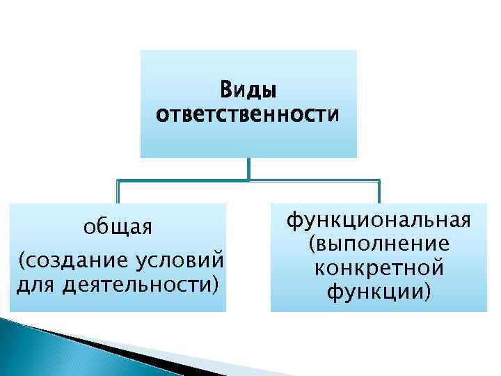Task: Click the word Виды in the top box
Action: click(248, 90)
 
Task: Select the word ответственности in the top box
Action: click(248, 113)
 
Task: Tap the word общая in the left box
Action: click(118, 228)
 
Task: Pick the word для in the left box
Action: click(31, 284)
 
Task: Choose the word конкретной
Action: click(379, 267)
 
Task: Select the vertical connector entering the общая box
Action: click(118, 191)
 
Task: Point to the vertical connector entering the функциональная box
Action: click(379, 191)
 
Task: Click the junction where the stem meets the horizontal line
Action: click(248, 180)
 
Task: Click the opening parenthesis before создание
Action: click(22, 261)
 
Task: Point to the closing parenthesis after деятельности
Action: click(214, 285)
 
